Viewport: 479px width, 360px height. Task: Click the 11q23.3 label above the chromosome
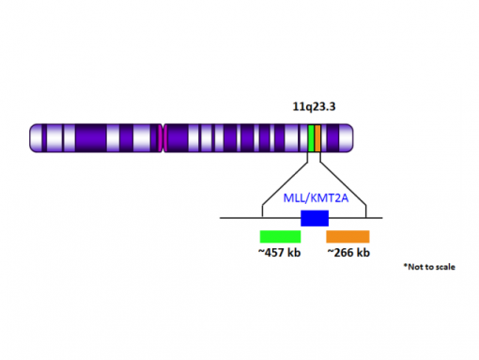[314, 107]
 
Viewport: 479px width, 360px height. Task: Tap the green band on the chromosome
[311, 138]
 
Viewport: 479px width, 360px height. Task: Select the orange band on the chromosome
[317, 138]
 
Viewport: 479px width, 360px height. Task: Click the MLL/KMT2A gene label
[314, 198]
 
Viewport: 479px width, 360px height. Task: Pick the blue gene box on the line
[314, 218]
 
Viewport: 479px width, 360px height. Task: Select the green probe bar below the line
[280, 236]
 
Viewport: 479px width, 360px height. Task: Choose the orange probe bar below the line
[348, 236]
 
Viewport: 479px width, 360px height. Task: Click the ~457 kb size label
[280, 253]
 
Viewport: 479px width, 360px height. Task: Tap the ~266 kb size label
[348, 253]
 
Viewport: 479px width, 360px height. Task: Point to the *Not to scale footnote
[428, 268]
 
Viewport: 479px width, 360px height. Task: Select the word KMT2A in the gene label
[325, 198]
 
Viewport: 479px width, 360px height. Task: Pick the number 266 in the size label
[345, 253]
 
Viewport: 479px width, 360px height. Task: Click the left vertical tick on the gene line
[260, 211]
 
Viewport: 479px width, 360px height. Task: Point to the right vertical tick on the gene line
[365, 211]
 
